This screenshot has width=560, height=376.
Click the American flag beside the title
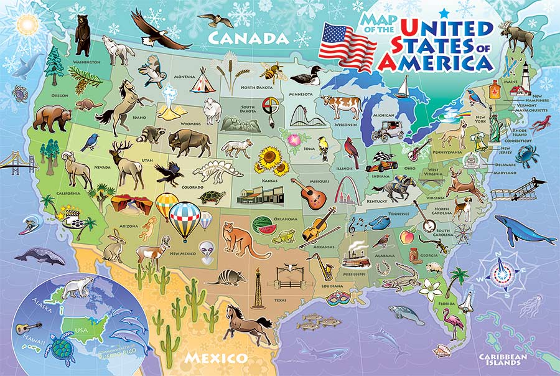[x=347, y=46]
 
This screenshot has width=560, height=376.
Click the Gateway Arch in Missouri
[x=345, y=190]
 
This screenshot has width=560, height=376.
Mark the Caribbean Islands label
[x=504, y=359]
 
